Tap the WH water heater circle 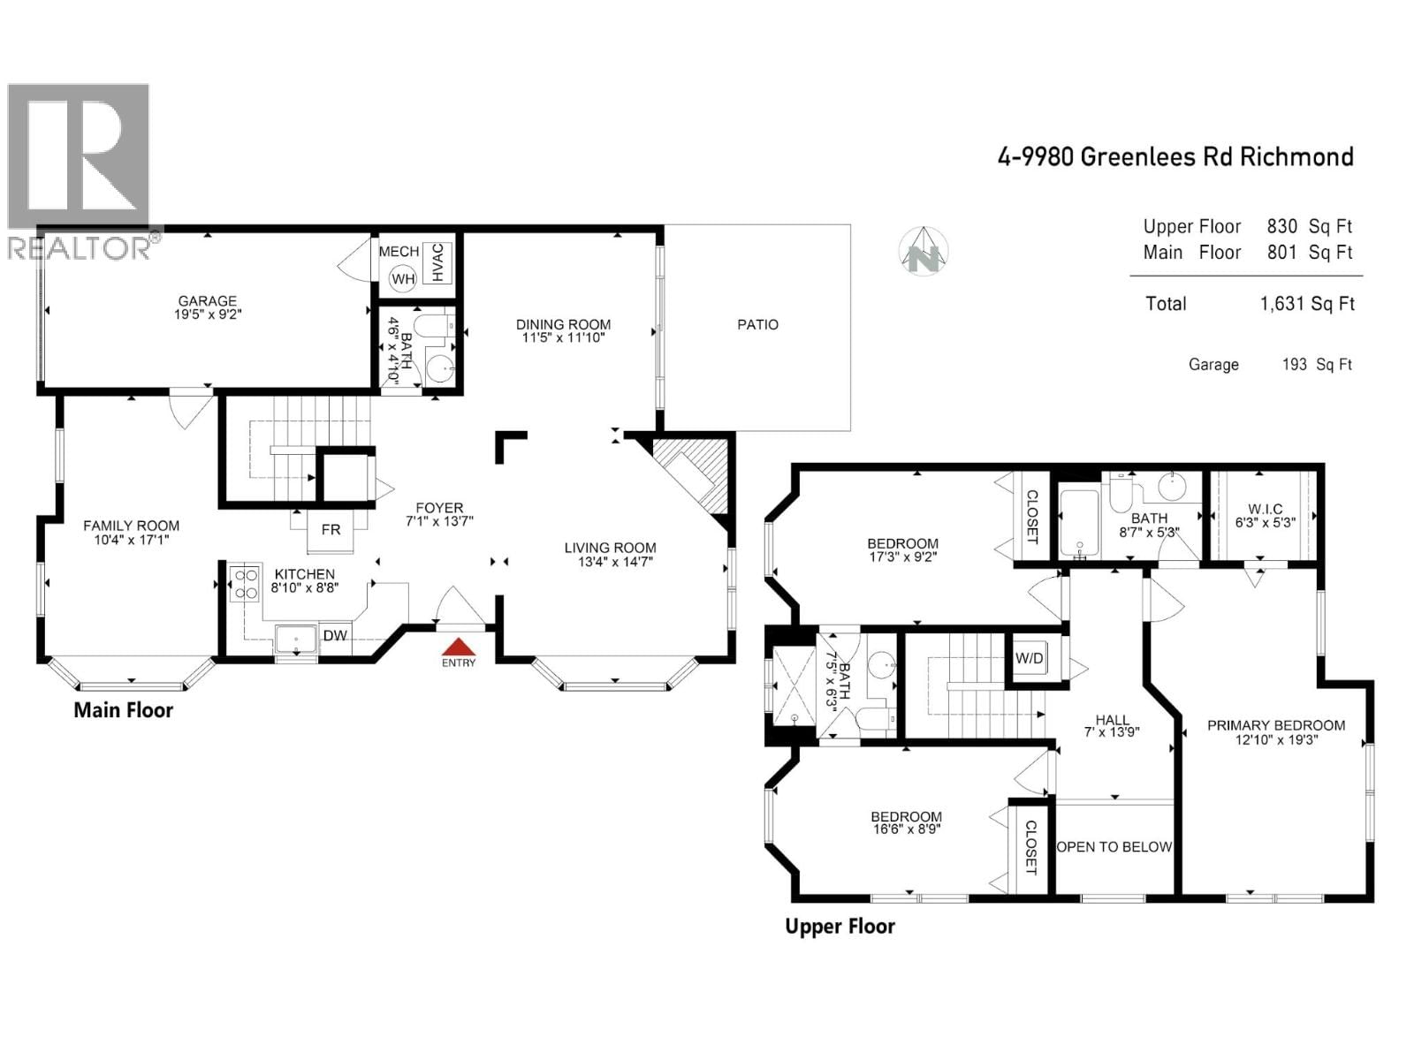pos(403,279)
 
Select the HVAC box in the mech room pos(437,262)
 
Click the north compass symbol pos(924,252)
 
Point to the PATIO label pos(757,325)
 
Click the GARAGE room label pos(207,301)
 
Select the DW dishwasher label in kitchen pos(334,636)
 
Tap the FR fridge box pos(331,530)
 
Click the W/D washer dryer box pos(1029,658)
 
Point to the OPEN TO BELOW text pos(1114,846)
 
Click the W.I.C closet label pos(1265,510)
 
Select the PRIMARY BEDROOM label pos(1275,725)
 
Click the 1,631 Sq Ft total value pos(1306,304)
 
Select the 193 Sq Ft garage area pos(1317,365)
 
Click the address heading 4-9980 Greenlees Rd pos(1175,157)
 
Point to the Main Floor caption pos(123,710)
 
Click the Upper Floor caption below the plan pos(840,927)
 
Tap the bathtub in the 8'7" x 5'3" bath pos(1079,524)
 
